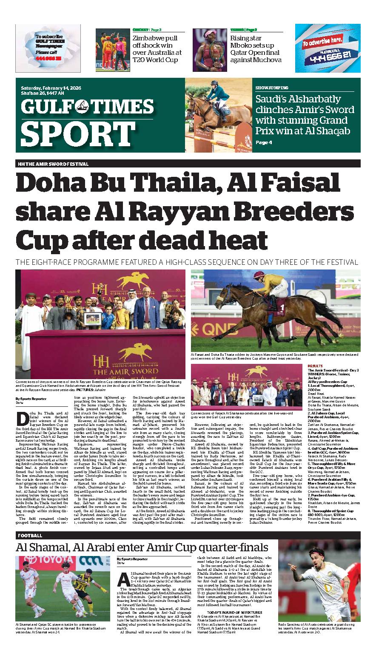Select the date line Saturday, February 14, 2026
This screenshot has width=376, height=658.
[x=51, y=88]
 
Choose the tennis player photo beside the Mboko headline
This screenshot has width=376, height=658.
[x=210, y=50]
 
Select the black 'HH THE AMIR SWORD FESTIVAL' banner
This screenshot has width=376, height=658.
[x=188, y=164]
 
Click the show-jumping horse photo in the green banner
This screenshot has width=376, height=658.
[x=219, y=115]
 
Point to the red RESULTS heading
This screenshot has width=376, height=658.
[x=315, y=366]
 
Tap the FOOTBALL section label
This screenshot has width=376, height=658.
[x=30, y=536]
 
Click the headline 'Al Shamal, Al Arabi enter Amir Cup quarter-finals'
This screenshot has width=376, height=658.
[x=142, y=547]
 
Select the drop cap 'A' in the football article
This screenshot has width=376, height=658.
[x=124, y=579]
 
